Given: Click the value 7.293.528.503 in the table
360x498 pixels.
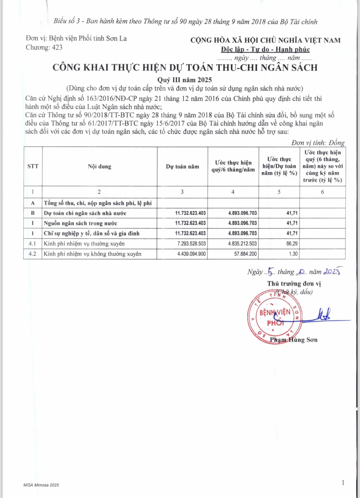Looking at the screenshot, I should [191, 244].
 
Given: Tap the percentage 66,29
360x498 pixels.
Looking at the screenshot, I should [292, 244].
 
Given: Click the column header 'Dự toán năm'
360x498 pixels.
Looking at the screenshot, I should [182, 167].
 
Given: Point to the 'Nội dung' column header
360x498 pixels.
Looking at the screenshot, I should [100, 167].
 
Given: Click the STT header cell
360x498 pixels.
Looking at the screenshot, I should [33, 166].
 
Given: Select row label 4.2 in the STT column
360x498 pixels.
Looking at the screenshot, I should [33, 254].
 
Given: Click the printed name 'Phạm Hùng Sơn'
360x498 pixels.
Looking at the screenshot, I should [294, 340].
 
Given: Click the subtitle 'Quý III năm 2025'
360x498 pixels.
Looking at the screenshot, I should [184, 80].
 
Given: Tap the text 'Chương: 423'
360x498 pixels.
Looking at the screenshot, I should [44, 47].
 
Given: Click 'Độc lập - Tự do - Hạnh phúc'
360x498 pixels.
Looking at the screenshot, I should [265, 49].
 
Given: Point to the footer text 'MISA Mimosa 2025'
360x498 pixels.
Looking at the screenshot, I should [41, 485].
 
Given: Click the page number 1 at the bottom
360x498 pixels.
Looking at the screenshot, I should [343, 483].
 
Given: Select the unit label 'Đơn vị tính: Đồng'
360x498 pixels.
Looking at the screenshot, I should [318, 143].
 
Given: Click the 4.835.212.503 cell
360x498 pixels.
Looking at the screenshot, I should [242, 244].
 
